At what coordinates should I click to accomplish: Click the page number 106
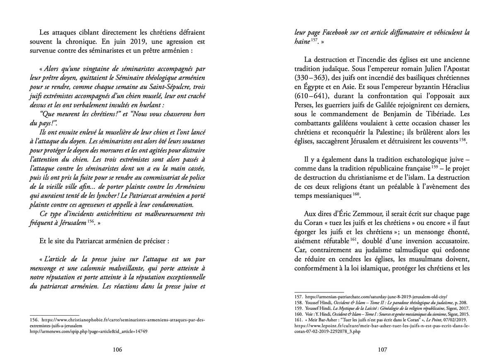click(117, 350)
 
